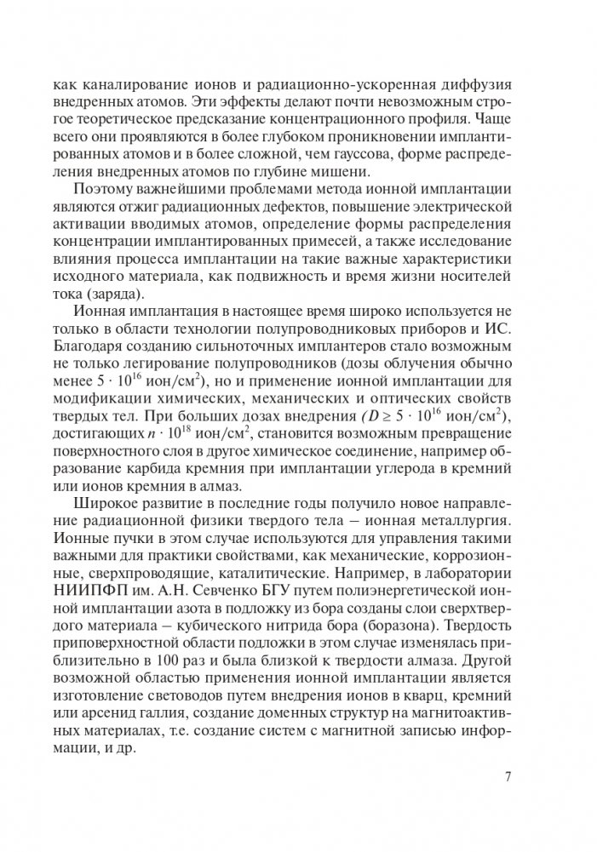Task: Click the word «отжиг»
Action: [x=155, y=209]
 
